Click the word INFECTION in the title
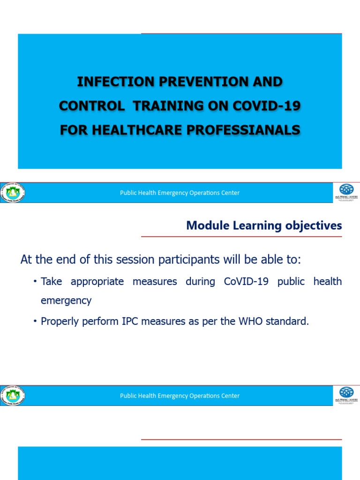coord(109,82)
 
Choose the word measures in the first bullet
coord(155,282)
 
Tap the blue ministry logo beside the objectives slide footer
coord(346,392)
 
